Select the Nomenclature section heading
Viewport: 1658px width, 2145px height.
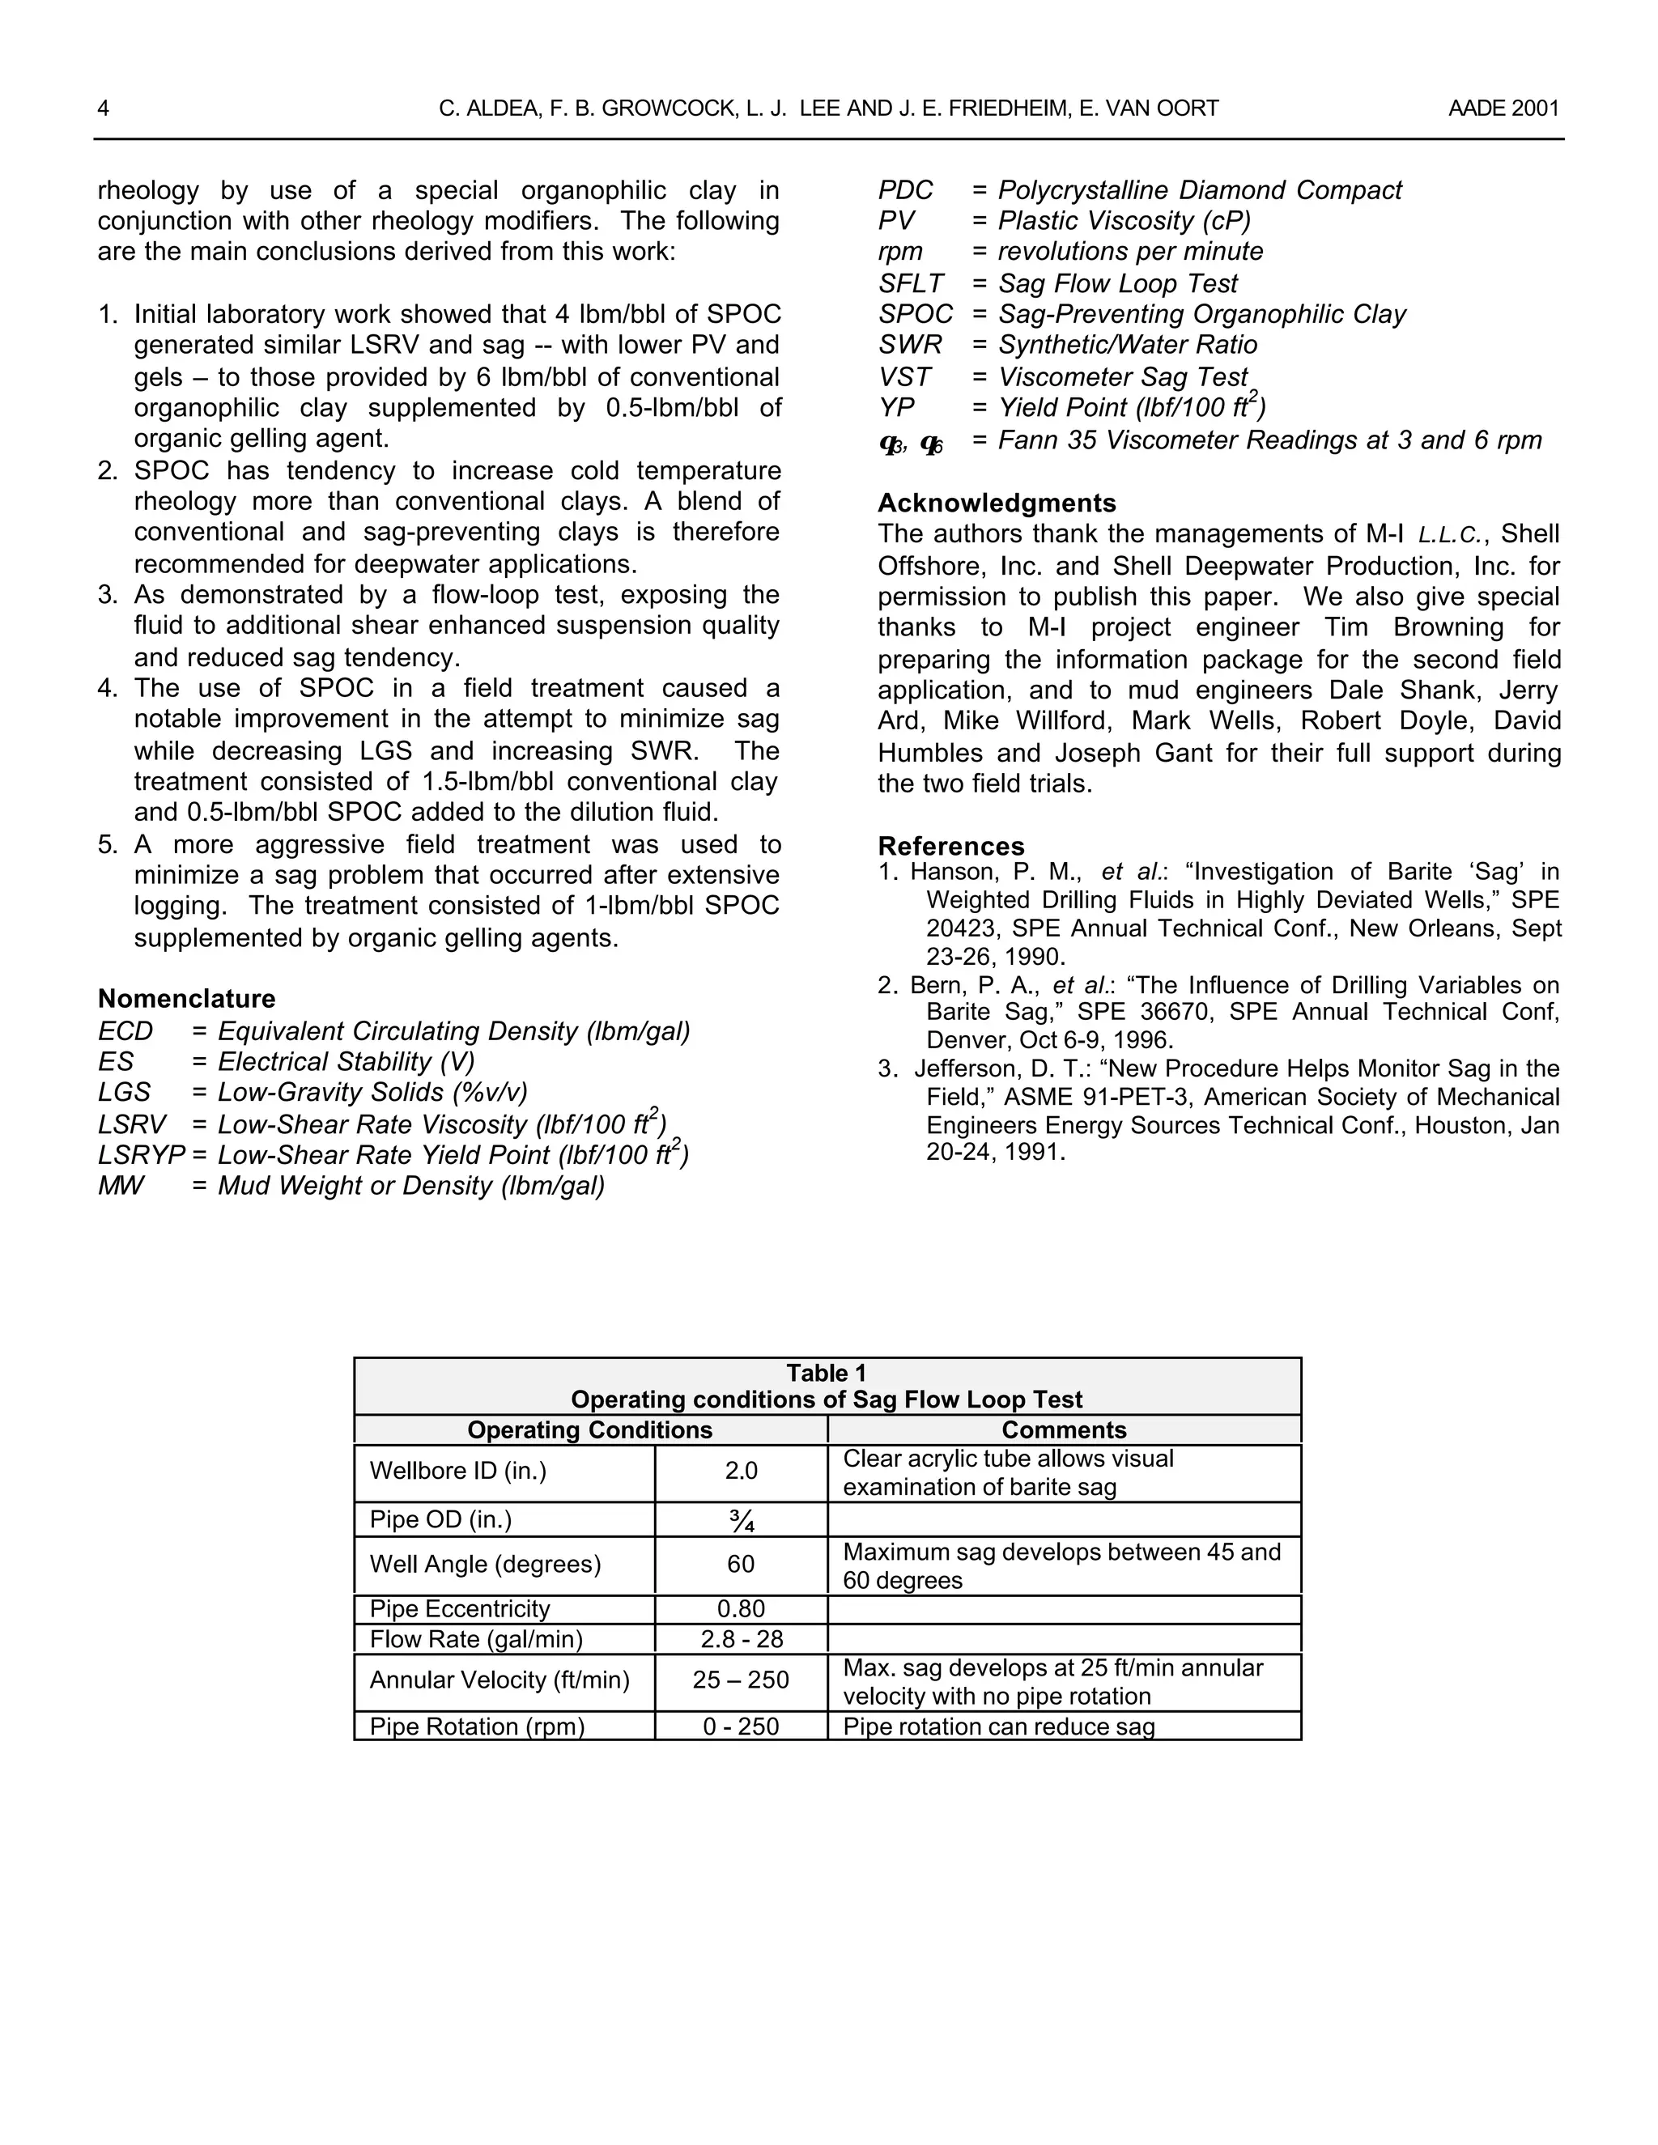(187, 999)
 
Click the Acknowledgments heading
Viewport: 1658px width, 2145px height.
(996, 503)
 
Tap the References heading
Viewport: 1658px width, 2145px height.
(950, 846)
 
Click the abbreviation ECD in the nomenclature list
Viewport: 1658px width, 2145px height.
(125, 1031)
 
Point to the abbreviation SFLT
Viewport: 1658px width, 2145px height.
(911, 284)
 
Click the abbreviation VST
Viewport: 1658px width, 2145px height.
(903, 377)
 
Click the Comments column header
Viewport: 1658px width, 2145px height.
(1064, 1430)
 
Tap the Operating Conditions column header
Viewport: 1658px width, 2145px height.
(589, 1430)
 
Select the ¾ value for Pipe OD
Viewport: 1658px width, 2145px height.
(742, 1520)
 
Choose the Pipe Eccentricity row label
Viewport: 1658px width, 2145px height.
(460, 1609)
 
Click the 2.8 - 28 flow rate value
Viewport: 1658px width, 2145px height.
(741, 1639)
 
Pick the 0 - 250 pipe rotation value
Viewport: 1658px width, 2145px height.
(741, 1727)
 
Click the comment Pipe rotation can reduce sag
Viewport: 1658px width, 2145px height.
(999, 1727)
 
